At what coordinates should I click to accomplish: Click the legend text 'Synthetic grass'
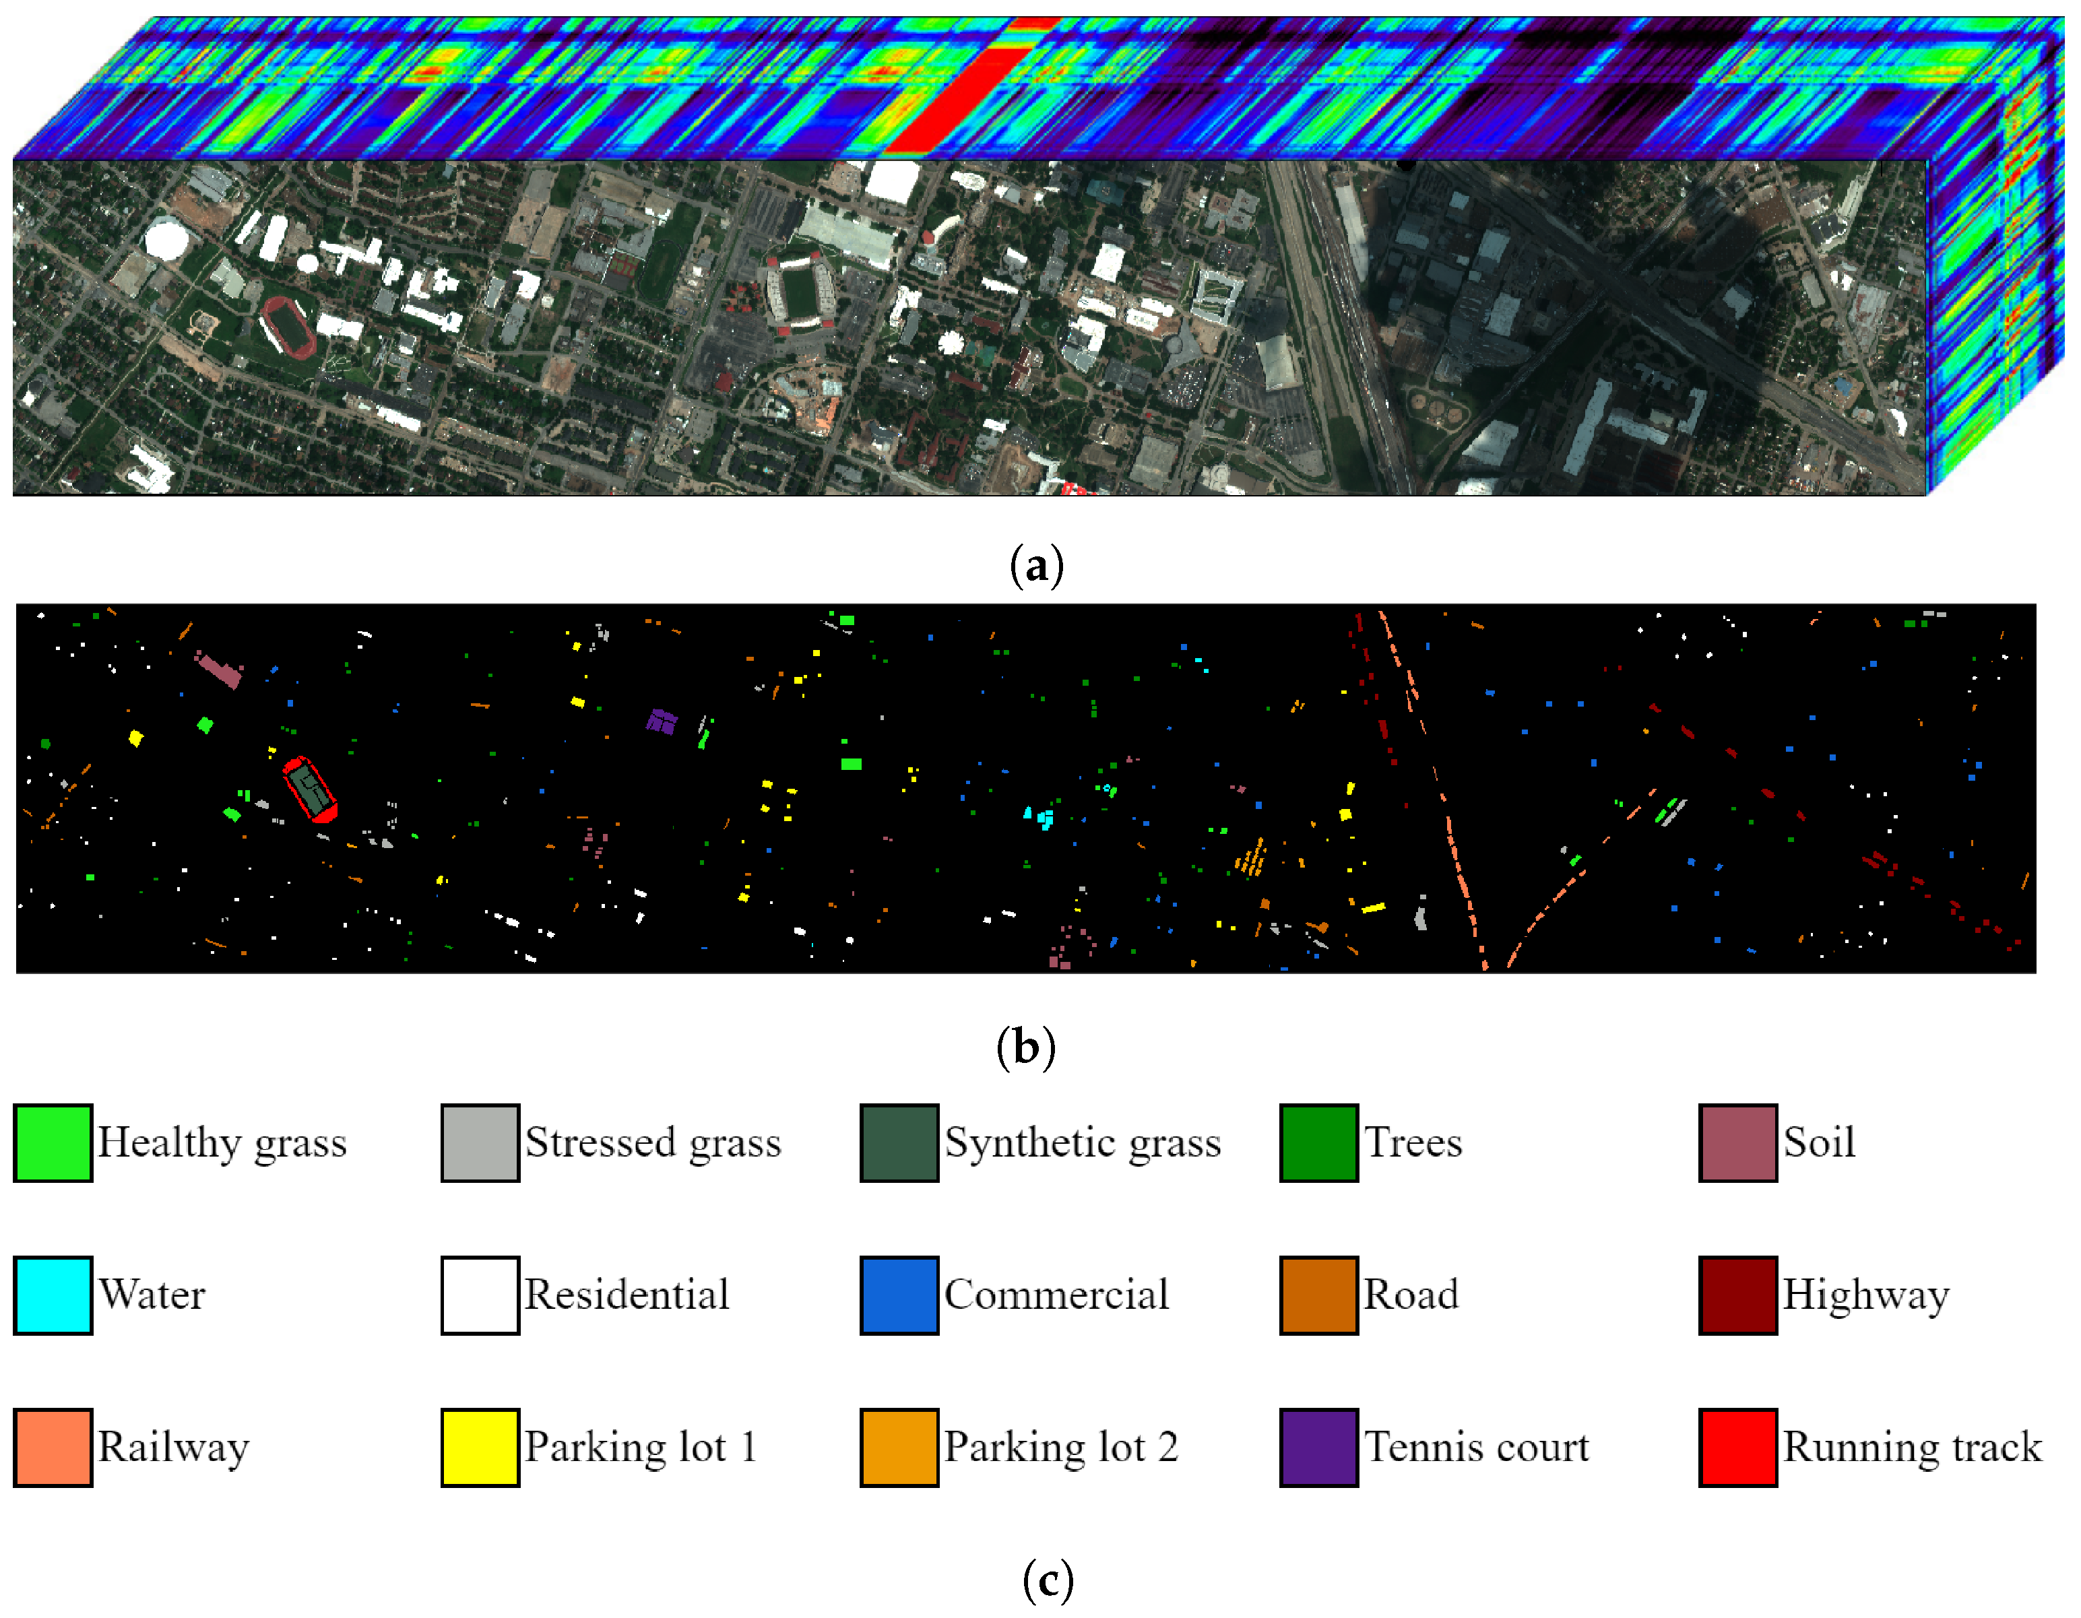1083,1142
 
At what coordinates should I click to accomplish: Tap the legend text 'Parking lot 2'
1060,1446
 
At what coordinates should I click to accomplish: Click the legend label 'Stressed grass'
653,1142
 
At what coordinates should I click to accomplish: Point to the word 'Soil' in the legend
1819,1142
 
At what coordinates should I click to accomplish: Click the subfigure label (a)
1037,566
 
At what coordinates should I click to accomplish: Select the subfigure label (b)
1025,1047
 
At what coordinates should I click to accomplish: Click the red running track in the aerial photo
290,327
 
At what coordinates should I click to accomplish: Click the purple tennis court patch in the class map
662,721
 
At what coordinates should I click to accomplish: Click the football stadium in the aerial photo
800,294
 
